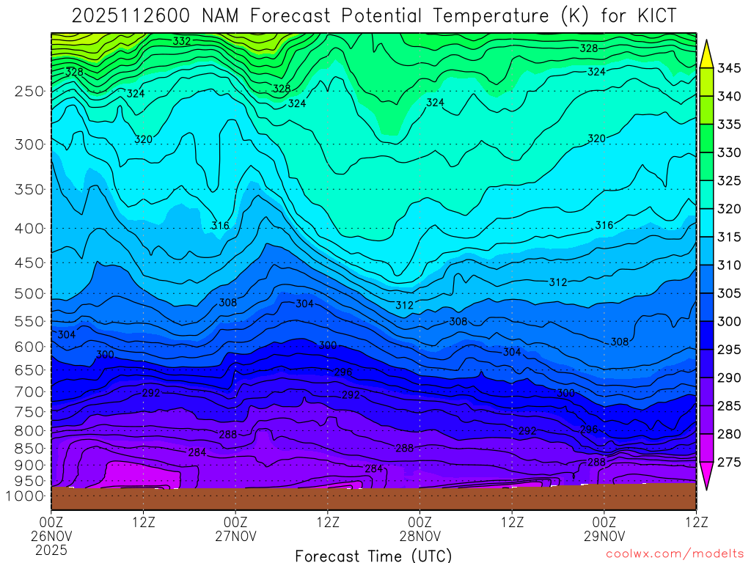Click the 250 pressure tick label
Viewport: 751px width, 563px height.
pos(29,92)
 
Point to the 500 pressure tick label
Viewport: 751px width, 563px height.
pos(29,294)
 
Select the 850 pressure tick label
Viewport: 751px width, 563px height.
pos(29,448)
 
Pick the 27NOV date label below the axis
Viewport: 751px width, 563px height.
pos(235,536)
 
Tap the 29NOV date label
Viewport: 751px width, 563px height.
pos(604,536)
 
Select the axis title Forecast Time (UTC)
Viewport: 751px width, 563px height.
pos(373,555)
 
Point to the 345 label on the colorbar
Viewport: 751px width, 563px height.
pos(729,68)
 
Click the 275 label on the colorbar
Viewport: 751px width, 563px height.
pos(729,462)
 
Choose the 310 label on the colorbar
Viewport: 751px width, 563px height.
pos(729,265)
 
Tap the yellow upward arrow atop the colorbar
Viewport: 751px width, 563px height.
pos(707,54)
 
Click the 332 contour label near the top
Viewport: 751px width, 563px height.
pos(182,41)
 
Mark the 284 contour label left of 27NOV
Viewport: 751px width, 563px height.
pos(197,452)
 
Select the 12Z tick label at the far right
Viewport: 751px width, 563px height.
pos(695,522)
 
